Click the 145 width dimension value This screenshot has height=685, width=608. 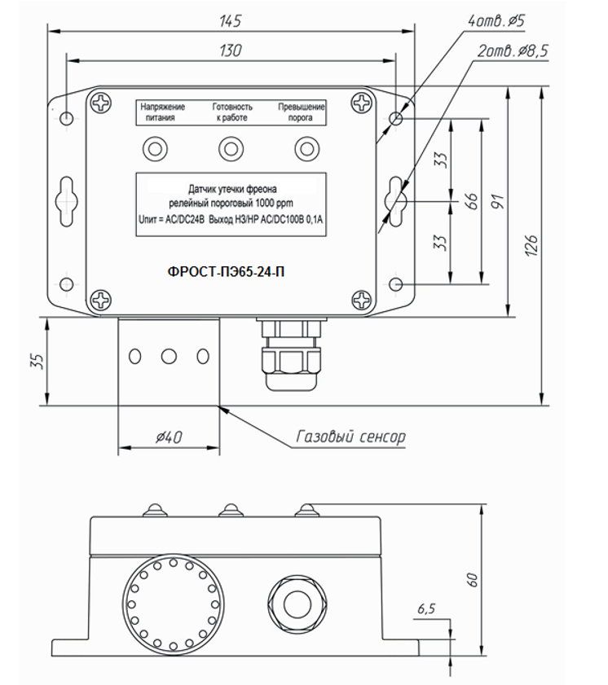[230, 20]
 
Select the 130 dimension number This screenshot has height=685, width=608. [231, 50]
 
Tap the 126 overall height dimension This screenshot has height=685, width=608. [531, 245]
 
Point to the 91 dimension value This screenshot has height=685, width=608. [497, 201]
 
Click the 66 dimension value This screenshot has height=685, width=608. [472, 201]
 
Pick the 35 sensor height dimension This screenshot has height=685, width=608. [39, 362]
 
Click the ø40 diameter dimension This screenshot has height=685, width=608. [169, 437]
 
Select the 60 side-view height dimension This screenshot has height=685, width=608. [472, 580]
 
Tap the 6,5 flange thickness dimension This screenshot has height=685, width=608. [426, 608]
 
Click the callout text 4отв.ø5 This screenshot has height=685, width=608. [496, 20]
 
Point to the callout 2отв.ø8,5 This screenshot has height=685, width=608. [512, 51]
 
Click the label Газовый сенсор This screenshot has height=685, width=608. [351, 437]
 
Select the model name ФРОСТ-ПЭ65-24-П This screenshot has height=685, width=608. [226, 272]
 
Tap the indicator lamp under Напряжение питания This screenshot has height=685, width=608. [155, 149]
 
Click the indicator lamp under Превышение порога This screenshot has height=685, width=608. [306, 149]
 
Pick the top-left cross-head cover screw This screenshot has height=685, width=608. [100, 103]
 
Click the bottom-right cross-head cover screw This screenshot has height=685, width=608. [363, 300]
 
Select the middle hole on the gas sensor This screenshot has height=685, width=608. [169, 357]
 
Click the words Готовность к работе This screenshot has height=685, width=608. [232, 112]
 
